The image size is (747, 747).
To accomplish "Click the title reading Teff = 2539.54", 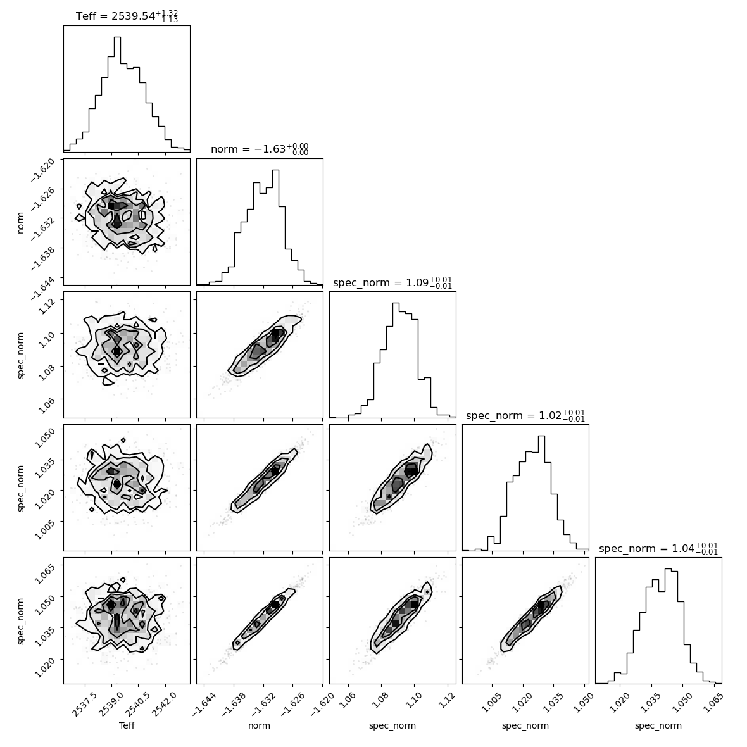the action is point(127,16).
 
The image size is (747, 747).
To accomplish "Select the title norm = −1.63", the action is point(260,149).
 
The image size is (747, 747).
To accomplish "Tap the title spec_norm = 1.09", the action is point(392,282).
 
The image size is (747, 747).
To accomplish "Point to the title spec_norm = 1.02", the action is point(525,415).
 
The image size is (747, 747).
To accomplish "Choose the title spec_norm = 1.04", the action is point(658,548).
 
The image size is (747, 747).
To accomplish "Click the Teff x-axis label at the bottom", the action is point(127,725).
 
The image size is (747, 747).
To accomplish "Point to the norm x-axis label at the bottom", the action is point(259,725).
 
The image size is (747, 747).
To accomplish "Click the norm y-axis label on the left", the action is point(20,222).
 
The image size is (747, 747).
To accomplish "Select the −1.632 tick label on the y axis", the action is point(43,225).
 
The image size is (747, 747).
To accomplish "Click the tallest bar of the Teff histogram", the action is point(117,94).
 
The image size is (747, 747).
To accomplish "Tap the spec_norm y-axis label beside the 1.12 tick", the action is point(20,355).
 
